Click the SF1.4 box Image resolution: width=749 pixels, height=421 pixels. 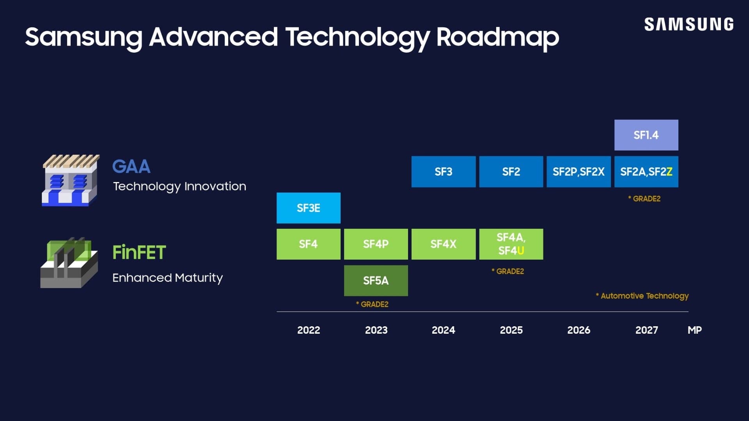pos(646,135)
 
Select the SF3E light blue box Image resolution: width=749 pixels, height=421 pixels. pos(308,208)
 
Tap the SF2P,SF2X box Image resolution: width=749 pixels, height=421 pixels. pos(578,172)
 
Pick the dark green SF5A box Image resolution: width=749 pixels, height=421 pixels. pos(376,280)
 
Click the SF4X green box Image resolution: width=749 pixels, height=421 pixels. pos(443,244)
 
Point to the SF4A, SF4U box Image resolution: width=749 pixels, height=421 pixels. pos(511,244)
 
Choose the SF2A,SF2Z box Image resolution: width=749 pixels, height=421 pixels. pos(646,172)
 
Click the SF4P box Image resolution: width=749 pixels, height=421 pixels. pos(376,244)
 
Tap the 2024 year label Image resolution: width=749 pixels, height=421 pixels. pos(443,330)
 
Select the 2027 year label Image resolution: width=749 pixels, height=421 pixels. pos(646,330)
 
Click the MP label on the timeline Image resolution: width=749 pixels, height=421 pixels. pos(694,330)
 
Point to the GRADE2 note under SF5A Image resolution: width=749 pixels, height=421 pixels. pos(372,304)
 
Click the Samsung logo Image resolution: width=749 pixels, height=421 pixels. pos(689,24)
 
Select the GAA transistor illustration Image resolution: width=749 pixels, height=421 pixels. pos(70,180)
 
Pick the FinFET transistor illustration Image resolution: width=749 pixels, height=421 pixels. pos(69,263)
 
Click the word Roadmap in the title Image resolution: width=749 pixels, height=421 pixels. pos(497,37)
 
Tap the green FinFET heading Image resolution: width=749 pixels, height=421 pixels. pos(139,252)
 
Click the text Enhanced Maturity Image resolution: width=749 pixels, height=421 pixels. pos(167,278)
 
